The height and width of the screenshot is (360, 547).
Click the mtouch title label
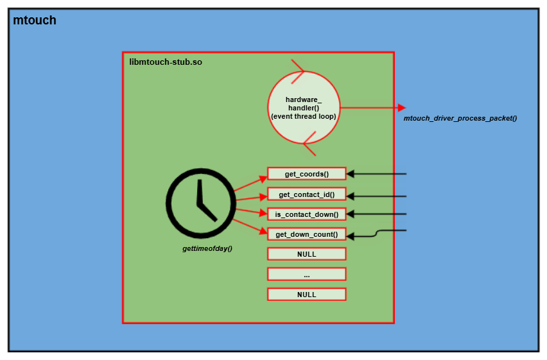point(35,21)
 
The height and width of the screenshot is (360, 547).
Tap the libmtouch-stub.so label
point(166,62)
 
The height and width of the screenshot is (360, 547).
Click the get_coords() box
point(306,174)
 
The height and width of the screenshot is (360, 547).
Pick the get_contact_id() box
point(306,194)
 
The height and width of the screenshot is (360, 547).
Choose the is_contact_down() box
point(306,214)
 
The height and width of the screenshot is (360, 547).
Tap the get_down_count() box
point(306,234)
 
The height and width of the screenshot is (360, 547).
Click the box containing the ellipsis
point(306,274)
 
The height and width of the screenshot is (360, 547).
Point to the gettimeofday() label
point(207,248)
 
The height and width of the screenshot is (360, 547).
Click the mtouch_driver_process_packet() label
point(460,119)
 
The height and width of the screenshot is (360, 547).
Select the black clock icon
point(200,200)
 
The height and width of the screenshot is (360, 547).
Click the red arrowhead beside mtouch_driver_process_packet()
point(401,107)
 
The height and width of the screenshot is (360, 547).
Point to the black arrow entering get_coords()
point(379,174)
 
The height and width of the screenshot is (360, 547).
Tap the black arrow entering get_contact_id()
point(379,196)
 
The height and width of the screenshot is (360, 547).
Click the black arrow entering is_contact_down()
point(379,214)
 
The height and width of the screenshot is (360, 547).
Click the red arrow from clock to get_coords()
point(250,182)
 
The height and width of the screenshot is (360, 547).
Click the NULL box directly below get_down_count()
point(306,254)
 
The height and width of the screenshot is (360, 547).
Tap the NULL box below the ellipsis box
point(306,295)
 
